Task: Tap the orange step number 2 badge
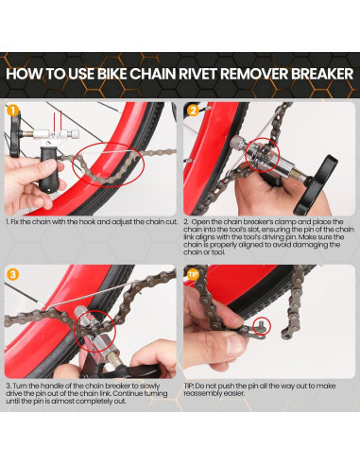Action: (192, 111)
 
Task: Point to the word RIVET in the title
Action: (208, 74)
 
